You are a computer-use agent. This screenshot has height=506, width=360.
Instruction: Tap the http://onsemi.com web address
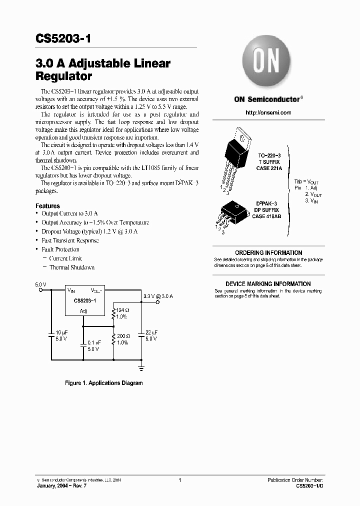[x=268, y=112]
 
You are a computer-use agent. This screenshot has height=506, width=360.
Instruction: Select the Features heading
[x=47, y=206]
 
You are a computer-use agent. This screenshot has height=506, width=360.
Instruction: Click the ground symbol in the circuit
[x=141, y=369]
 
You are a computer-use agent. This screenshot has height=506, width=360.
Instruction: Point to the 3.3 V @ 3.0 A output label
[x=158, y=296]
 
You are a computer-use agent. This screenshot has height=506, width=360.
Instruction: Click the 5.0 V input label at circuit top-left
[x=40, y=284]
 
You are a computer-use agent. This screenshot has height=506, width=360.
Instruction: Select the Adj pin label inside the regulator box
[x=83, y=311]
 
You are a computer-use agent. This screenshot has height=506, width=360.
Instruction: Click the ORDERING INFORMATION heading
[x=268, y=253]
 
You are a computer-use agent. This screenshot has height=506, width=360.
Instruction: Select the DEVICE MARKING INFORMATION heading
[x=268, y=284]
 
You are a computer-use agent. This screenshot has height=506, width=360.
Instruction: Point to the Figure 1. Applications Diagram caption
[x=104, y=383]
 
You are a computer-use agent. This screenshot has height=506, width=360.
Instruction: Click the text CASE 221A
[x=270, y=168]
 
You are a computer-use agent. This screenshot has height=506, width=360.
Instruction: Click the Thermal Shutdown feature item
[x=71, y=267]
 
